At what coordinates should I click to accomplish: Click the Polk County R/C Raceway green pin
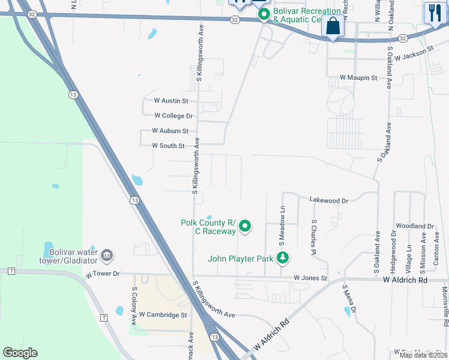pyautogui.click(x=245, y=226)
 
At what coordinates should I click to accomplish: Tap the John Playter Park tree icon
pyautogui.click(x=283, y=259)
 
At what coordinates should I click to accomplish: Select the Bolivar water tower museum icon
pyautogui.click(x=107, y=256)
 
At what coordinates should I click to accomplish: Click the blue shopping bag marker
pyautogui.click(x=333, y=27)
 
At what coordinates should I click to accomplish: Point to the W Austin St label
pyautogui.click(x=171, y=101)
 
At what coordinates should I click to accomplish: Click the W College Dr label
pyautogui.click(x=173, y=116)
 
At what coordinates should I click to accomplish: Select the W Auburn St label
pyautogui.click(x=170, y=131)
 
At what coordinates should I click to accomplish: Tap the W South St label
pyautogui.click(x=168, y=146)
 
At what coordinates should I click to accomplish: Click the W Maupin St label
pyautogui.click(x=358, y=78)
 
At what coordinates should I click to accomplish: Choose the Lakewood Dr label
pyautogui.click(x=328, y=200)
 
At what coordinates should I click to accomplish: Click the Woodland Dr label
pyautogui.click(x=414, y=226)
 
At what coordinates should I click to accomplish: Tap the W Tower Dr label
pyautogui.click(x=103, y=274)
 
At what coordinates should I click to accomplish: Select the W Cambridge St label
pyautogui.click(x=163, y=314)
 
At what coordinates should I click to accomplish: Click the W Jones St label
pyautogui.click(x=310, y=278)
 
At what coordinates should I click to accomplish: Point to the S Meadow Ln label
pyautogui.click(x=282, y=224)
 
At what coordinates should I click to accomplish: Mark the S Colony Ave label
pyautogui.click(x=134, y=305)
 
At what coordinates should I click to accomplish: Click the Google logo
pyautogui.click(x=20, y=353)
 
